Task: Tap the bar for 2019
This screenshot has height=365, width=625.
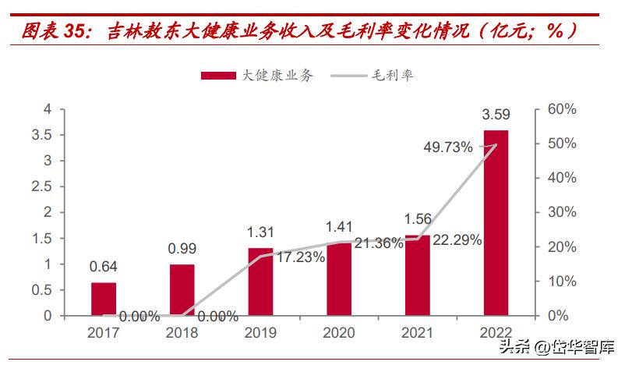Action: (x=260, y=282)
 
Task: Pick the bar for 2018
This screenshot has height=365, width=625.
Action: (x=182, y=289)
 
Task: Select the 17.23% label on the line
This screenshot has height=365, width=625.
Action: (x=300, y=256)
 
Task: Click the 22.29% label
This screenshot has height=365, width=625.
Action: (x=457, y=239)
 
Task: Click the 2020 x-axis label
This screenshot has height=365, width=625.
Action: (x=339, y=332)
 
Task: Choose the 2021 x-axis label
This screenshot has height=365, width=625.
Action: (x=417, y=332)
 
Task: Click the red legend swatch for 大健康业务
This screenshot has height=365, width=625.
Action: (x=217, y=75)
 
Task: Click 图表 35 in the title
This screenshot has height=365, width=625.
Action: (x=51, y=31)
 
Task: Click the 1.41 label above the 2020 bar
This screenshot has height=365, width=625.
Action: (x=339, y=228)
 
